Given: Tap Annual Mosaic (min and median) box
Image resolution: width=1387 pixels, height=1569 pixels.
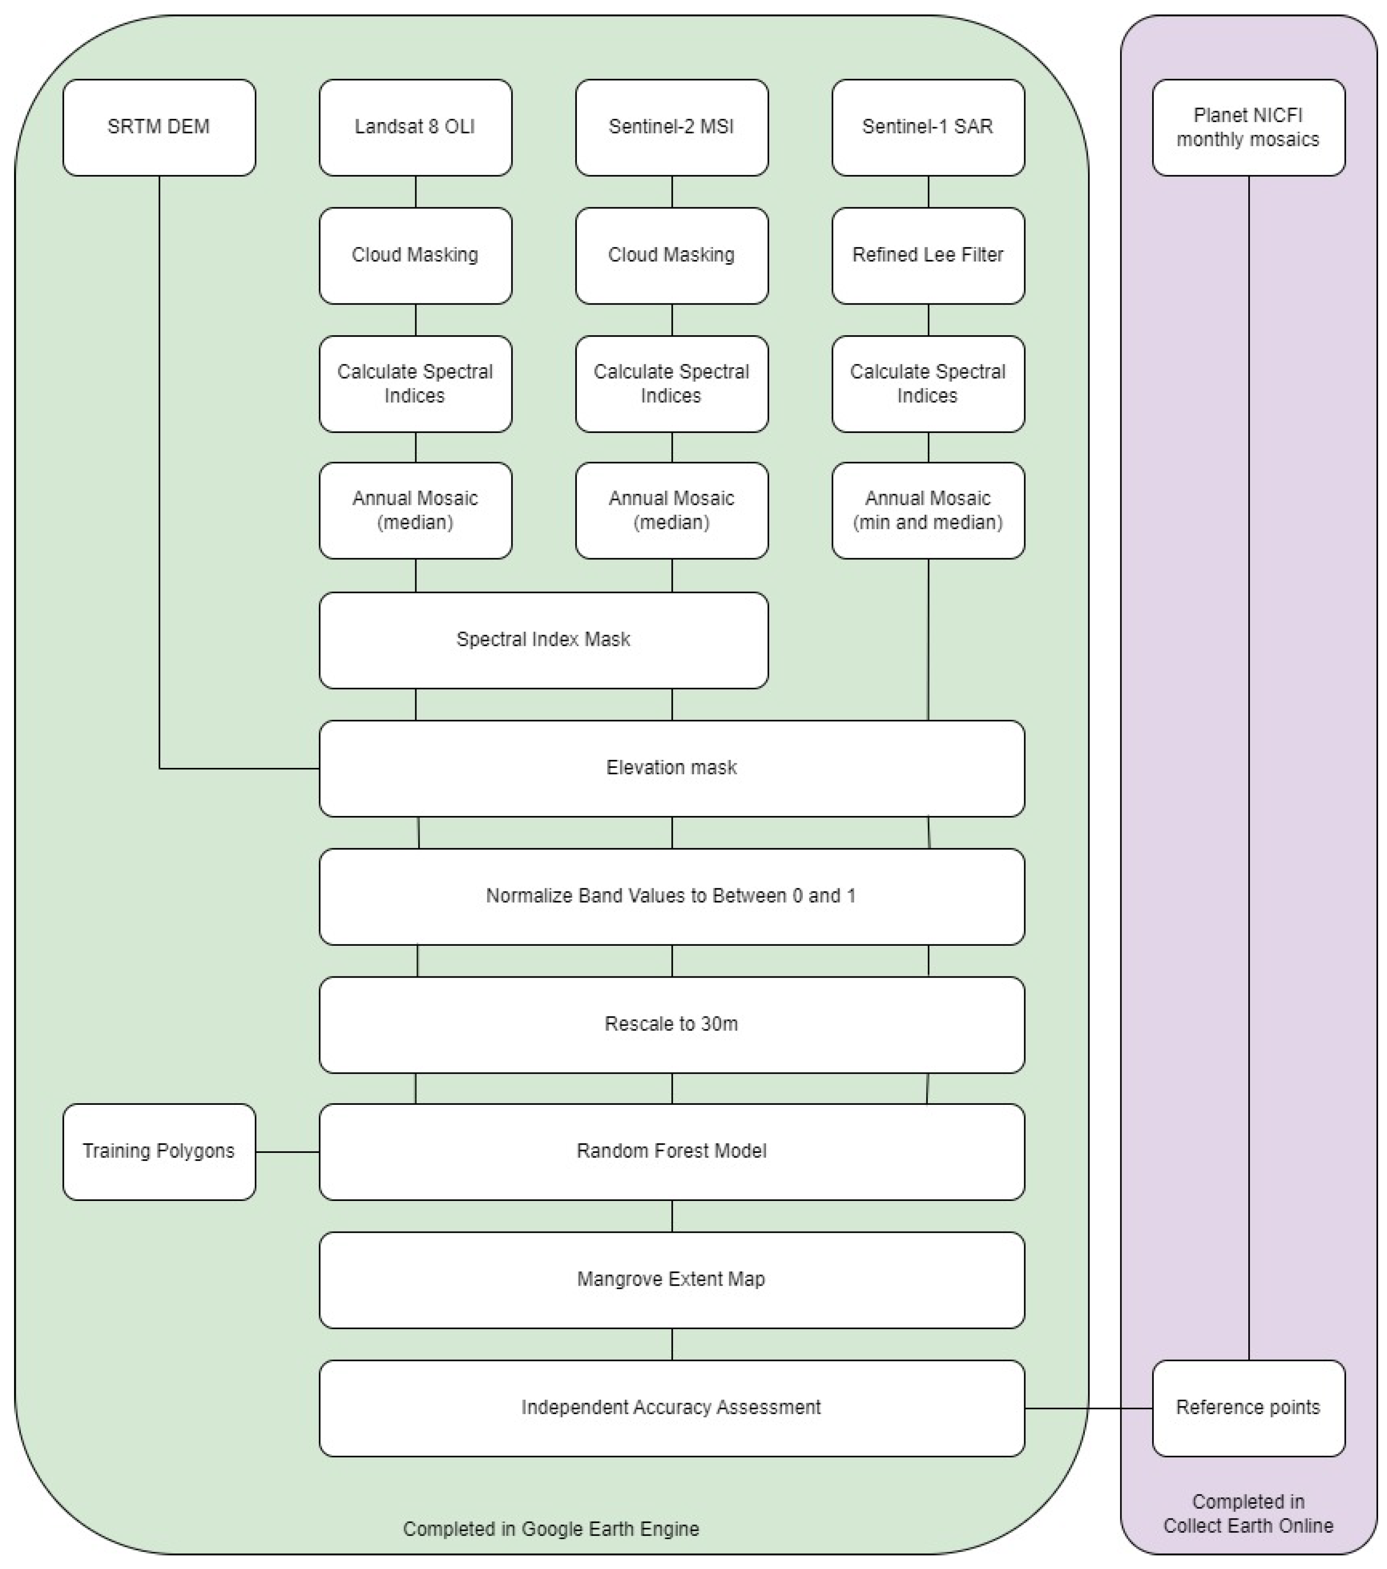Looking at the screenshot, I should pyautogui.click(x=928, y=511).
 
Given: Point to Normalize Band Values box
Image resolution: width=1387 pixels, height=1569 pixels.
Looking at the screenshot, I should pyautogui.click(x=672, y=896).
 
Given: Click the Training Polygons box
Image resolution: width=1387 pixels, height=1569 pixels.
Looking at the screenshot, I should pyautogui.click(x=159, y=1151).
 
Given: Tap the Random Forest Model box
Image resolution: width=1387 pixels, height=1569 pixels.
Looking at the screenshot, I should pyautogui.click(x=672, y=1151).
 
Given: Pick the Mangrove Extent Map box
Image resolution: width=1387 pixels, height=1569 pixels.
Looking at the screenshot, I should pyautogui.click(x=672, y=1280).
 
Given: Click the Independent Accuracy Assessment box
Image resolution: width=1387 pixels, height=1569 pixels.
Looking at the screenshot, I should pyautogui.click(x=672, y=1408).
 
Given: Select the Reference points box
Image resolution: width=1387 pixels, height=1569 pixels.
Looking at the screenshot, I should pyautogui.click(x=1248, y=1408).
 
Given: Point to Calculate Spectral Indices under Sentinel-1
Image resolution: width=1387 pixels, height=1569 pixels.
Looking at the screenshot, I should pyautogui.click(x=928, y=384).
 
